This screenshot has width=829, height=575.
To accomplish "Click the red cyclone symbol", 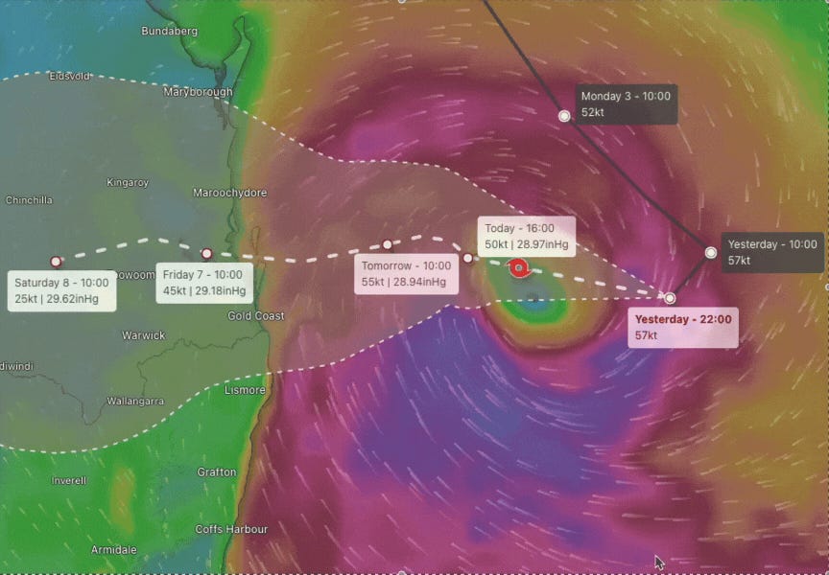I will click(518, 268).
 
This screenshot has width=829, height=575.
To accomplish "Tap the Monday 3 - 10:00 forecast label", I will click(627, 104).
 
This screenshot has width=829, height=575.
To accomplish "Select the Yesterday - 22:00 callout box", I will click(683, 328).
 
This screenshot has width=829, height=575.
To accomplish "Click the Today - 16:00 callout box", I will click(527, 237).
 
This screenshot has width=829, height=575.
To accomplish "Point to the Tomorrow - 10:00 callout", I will click(405, 274).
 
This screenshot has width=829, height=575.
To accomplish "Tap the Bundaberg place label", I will click(170, 31).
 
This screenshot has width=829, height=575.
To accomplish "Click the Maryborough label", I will click(198, 92).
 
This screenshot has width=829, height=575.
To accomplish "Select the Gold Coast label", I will click(255, 316).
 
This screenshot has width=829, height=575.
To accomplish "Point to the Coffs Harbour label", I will click(231, 529).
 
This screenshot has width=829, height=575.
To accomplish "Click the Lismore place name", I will click(245, 390).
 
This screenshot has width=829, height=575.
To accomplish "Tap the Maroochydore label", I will click(230, 193).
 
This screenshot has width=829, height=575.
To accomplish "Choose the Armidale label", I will click(113, 550).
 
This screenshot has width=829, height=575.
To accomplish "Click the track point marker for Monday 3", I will click(564, 116).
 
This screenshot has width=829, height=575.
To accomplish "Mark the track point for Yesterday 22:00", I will click(670, 298).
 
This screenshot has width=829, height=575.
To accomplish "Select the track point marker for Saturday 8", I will click(56, 261).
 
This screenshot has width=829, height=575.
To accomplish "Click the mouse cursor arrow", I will click(659, 562).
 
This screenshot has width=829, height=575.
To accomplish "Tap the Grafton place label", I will click(216, 471).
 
